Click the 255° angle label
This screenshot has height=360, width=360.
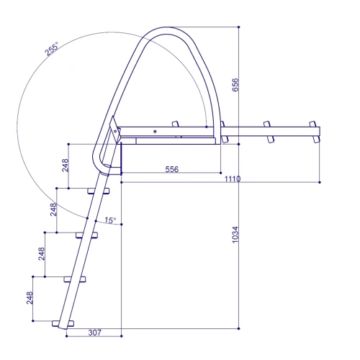click(x=52, y=49)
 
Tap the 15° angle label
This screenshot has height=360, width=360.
click(x=110, y=220)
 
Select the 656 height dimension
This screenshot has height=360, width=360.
click(x=235, y=85)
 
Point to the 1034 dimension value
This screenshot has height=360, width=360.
click(x=235, y=235)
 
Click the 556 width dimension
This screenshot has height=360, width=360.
click(x=172, y=169)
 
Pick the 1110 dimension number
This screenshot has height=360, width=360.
click(x=233, y=179)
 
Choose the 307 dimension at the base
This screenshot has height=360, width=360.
click(x=95, y=333)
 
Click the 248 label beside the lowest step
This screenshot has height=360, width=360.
click(x=30, y=298)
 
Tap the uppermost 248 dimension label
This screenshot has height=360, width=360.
click(x=66, y=166)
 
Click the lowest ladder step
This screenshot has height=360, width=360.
click(x=63, y=323)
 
